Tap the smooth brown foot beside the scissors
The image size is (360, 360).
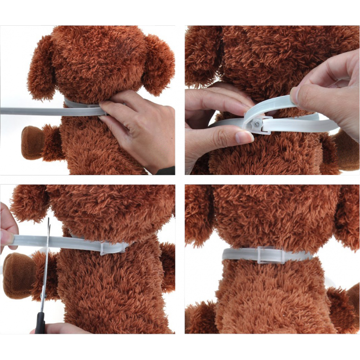[x=18, y=274]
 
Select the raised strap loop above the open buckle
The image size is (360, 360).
[x=274, y=103]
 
